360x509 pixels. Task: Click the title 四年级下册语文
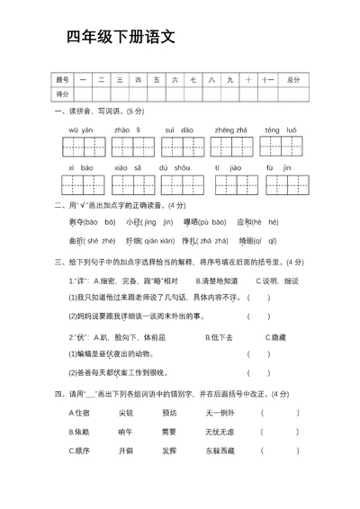pos(120,37)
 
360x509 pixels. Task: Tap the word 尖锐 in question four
pos(125,413)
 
